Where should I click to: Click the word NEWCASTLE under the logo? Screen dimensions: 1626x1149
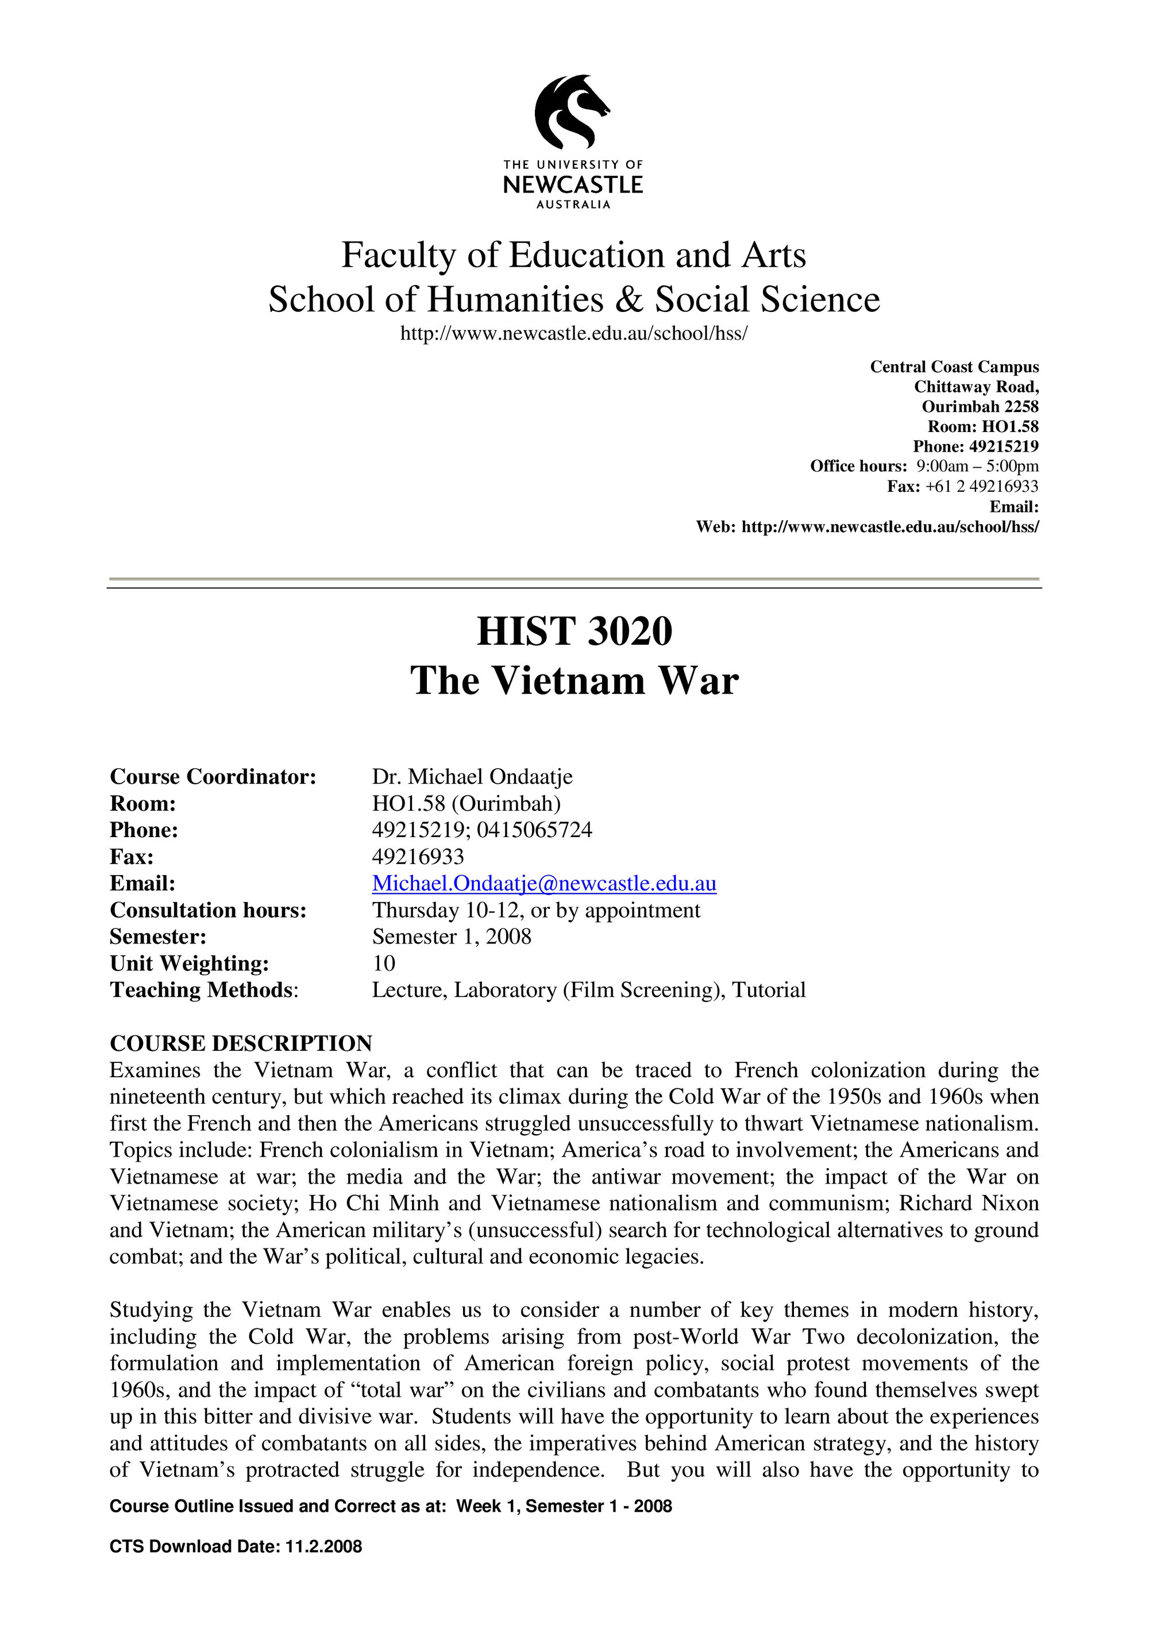[573, 186]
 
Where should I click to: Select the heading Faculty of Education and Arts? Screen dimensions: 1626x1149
[573, 255]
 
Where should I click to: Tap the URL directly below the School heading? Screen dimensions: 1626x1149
[573, 334]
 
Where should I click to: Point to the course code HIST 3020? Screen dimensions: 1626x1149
[574, 631]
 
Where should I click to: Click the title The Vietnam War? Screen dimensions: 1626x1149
[574, 681]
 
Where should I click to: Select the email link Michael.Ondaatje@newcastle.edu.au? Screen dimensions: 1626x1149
[543, 883]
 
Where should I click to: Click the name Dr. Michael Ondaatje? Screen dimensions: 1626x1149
[472, 777]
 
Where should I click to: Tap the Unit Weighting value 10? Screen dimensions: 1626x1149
[384, 963]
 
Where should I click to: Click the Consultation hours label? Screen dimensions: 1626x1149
[208, 910]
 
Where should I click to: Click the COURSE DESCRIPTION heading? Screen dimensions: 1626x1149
[241, 1043]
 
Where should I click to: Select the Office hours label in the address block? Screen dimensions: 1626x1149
[858, 466]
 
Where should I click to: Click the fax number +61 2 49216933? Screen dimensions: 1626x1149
[981, 487]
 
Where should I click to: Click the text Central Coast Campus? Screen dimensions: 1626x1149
[954, 367]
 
